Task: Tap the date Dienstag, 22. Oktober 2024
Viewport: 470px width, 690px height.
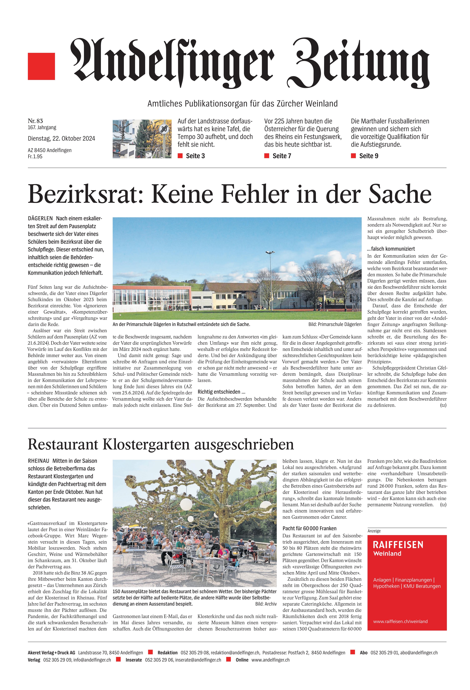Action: pos(61,138)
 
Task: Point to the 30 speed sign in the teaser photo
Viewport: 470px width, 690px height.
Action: pos(164,129)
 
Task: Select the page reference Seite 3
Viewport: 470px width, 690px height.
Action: pos(195,156)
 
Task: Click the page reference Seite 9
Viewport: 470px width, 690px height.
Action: pos(368,156)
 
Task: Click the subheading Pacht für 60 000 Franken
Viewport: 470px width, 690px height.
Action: pos(309,528)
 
